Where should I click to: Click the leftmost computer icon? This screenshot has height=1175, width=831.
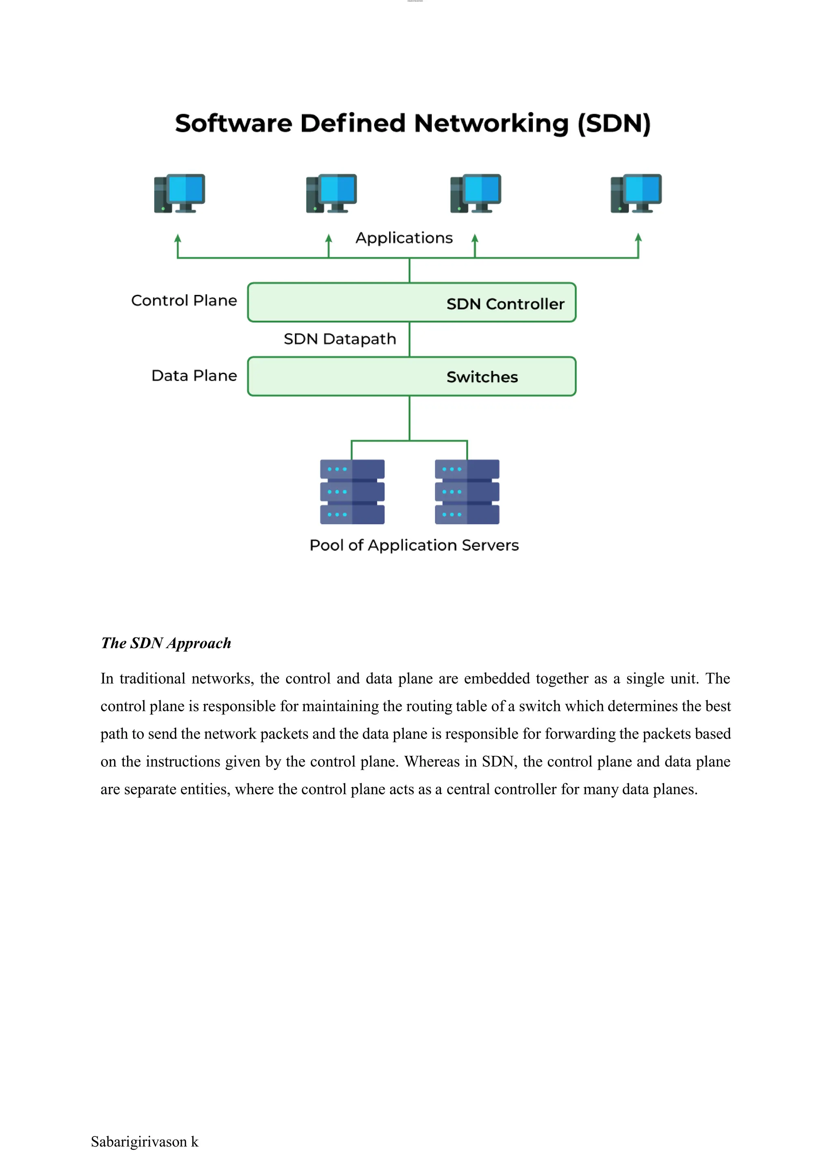coord(180,193)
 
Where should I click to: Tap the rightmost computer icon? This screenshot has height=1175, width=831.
coord(636,193)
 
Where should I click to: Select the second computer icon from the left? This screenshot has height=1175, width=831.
coord(331,193)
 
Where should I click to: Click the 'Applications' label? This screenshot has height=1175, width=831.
coord(404,238)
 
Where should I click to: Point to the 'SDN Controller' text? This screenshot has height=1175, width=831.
coord(505,303)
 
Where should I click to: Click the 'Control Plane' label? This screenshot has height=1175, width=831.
coord(184,300)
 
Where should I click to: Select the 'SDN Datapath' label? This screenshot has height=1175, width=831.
coord(340,339)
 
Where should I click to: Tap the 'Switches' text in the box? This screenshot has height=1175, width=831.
coord(482,377)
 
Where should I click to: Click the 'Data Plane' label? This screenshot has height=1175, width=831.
coord(194,376)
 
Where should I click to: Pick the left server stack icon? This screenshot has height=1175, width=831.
coord(352,491)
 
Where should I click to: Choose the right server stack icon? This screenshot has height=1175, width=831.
coord(467,491)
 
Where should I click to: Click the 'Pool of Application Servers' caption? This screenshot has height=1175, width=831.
coord(414,545)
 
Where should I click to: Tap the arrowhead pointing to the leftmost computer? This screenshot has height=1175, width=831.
coord(178,239)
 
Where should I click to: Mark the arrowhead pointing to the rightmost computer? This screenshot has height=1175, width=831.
coord(638,238)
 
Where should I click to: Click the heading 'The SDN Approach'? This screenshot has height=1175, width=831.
coord(166,643)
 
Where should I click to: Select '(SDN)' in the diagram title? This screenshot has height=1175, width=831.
coord(614,123)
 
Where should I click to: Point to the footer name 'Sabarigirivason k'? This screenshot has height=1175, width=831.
coord(144,1142)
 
